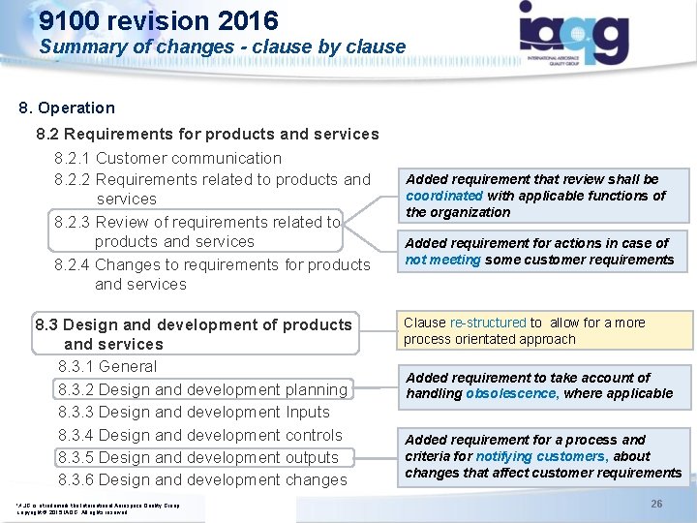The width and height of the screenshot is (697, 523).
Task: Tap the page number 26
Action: pos(656,504)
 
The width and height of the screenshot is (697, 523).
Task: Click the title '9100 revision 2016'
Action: pos(159,20)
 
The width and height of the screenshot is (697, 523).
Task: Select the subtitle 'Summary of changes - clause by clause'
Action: pos(223,46)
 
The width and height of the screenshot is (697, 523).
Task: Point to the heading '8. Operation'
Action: pos(67,108)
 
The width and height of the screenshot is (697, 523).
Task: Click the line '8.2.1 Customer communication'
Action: pos(168,158)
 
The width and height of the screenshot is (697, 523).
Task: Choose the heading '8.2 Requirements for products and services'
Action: pos(207,134)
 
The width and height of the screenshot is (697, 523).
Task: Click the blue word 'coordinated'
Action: pos(443,196)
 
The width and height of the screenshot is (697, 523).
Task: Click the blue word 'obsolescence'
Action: pos(511,393)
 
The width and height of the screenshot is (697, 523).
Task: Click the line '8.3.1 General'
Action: pos(107,366)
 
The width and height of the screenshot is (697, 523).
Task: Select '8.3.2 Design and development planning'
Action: pos(202,389)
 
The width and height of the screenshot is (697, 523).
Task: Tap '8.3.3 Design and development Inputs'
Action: pos(194,412)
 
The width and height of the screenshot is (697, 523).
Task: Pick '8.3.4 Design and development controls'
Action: pos(200,435)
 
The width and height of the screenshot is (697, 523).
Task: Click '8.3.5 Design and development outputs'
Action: pos(198,457)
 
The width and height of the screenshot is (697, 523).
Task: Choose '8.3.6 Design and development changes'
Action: pos(202,479)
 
